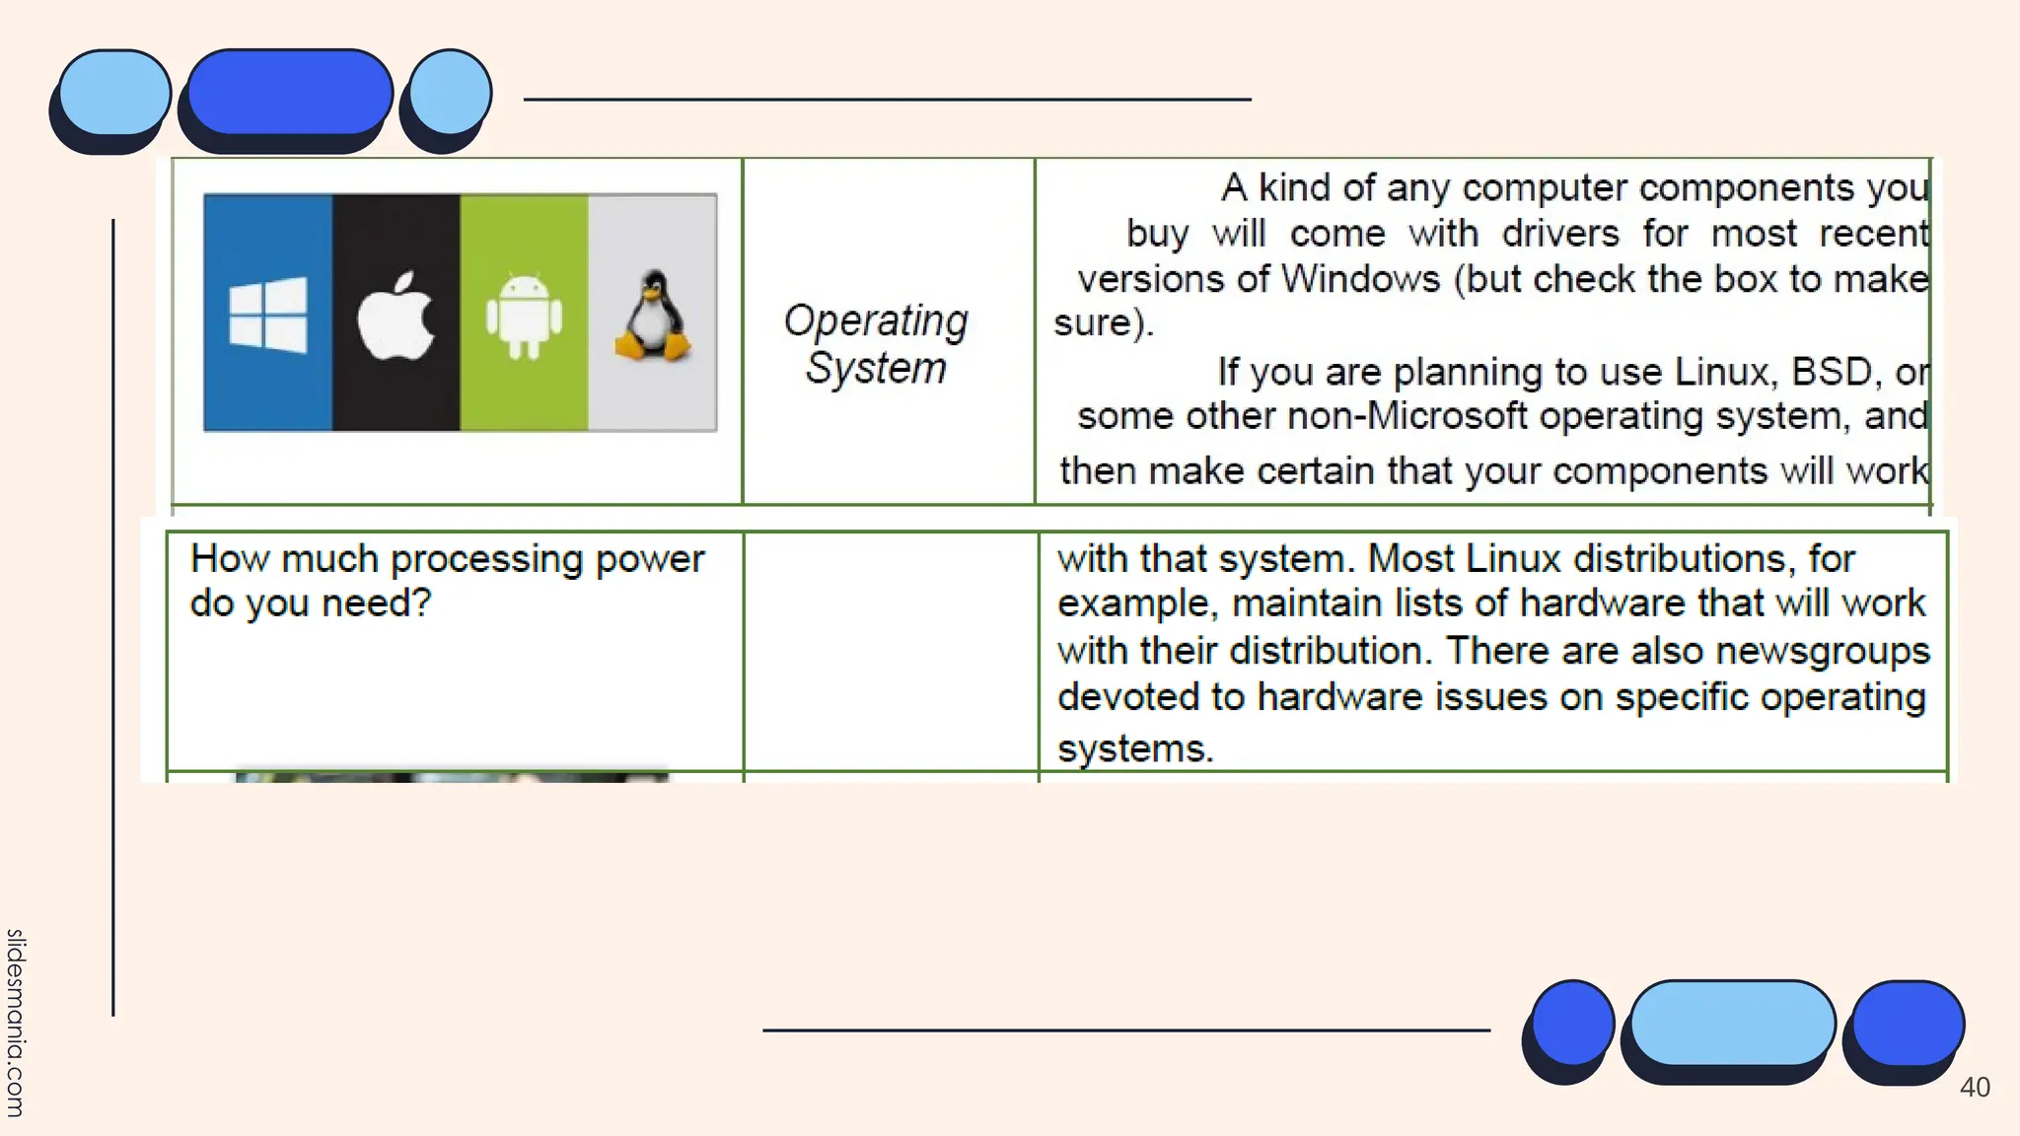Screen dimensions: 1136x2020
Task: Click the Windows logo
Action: coord(267,315)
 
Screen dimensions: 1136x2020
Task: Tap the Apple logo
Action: coord(396,316)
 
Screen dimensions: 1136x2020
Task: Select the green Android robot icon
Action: coord(524,316)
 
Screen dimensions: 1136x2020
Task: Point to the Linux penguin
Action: coord(653,316)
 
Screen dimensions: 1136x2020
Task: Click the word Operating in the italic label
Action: coord(876,321)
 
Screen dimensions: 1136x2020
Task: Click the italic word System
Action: coord(876,369)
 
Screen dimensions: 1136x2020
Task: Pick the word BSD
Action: coord(1831,372)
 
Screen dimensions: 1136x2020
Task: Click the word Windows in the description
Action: coord(1361,279)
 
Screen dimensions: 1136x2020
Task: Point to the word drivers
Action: coord(1560,234)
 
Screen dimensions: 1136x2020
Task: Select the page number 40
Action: coord(1975,1088)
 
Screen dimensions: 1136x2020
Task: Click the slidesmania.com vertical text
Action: coord(15,1022)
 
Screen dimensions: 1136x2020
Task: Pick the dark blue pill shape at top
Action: coord(290,92)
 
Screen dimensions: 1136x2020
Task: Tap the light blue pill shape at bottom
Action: coord(1732,1023)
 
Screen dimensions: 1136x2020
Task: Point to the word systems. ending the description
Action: coord(1134,748)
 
